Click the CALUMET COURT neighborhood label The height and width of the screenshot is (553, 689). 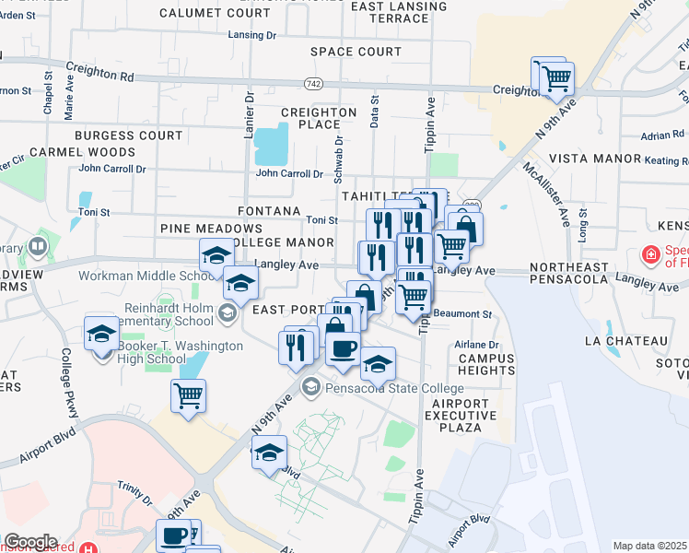[215, 13]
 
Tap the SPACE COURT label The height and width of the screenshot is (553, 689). [356, 52]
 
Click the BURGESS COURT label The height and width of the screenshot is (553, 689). [129, 135]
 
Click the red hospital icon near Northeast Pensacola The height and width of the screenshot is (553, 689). [650, 253]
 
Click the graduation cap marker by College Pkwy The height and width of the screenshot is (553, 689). [101, 334]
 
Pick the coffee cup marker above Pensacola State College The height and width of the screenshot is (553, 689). [344, 348]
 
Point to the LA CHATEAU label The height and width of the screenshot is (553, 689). [625, 341]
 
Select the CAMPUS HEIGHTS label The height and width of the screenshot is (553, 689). [485, 364]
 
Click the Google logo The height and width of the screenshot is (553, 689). [29, 542]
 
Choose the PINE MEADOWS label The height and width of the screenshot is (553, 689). [211, 228]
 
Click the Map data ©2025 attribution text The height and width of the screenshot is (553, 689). [649, 546]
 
